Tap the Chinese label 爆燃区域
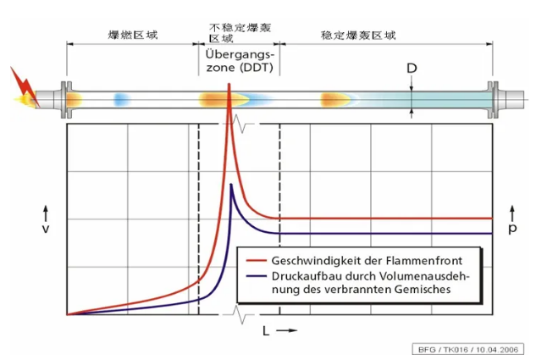click(134, 35)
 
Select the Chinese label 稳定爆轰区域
click(358, 35)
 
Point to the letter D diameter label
click(412, 66)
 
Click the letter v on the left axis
click(45, 229)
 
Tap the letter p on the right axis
click(512, 229)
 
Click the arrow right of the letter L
click(287, 330)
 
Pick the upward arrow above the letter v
click(45, 208)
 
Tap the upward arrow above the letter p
click(512, 208)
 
